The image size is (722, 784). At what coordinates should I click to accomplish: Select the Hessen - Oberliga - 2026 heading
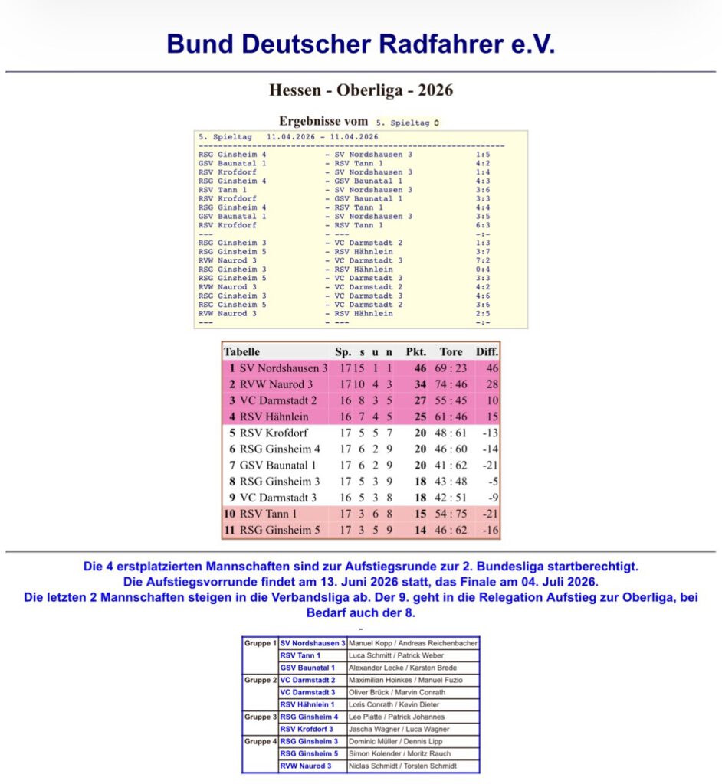point(361,90)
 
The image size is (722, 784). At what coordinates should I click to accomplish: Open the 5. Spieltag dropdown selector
point(408,122)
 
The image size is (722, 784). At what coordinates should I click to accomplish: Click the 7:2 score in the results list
point(482,260)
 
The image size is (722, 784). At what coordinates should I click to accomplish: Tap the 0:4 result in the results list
point(482,269)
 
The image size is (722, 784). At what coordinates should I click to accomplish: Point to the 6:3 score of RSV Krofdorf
point(482,225)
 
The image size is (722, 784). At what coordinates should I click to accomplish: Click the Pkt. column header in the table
point(415,352)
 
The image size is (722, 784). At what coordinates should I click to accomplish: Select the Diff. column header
point(487,352)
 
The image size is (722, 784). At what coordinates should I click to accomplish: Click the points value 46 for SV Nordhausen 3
point(419,368)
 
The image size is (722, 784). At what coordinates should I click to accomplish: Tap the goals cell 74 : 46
point(451,384)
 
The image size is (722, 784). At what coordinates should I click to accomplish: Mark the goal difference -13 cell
point(487,433)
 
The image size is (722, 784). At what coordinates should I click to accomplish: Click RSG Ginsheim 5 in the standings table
point(281,530)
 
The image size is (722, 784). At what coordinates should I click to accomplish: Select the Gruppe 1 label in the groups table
point(260,643)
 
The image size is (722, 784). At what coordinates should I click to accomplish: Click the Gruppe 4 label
point(260,741)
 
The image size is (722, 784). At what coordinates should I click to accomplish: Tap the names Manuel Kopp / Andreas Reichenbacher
point(413,643)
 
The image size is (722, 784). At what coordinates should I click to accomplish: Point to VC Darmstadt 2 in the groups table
point(307,680)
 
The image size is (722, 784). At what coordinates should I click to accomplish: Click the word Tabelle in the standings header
point(241,352)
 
